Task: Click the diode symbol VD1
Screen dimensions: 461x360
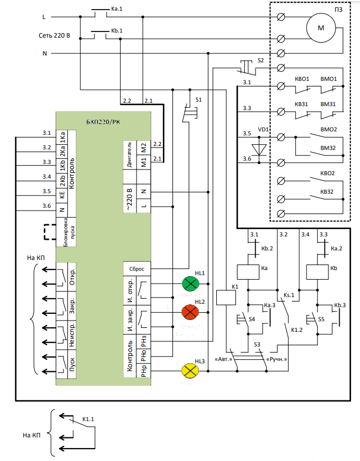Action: point(259,149)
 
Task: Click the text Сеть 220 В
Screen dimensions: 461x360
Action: point(54,35)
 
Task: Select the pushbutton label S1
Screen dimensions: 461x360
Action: point(198,99)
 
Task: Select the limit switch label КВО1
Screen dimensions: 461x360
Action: point(302,79)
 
